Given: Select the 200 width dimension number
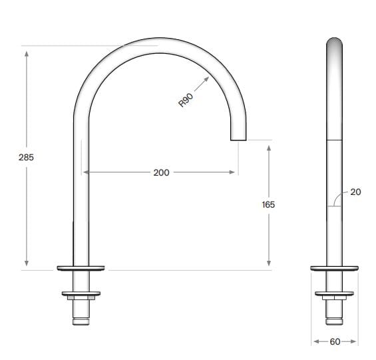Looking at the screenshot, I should pos(161,172).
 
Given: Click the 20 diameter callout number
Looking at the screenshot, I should pos(355,192).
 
